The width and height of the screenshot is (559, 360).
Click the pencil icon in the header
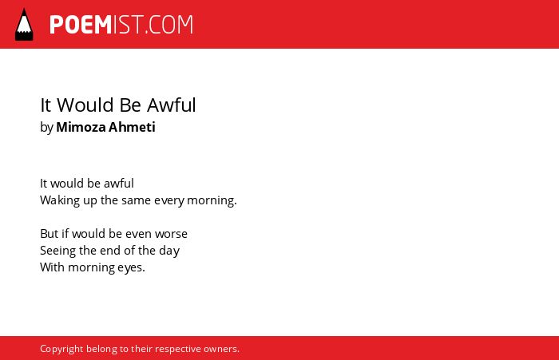pos(24,25)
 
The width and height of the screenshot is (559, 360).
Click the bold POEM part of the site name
pos(81,25)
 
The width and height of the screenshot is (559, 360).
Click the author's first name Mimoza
pos(81,127)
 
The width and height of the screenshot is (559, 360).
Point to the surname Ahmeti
pos(132,127)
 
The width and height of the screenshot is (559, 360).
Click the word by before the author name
pos(46,128)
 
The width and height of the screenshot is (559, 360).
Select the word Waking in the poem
pos(60,200)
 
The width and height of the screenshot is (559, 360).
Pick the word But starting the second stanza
pos(50,234)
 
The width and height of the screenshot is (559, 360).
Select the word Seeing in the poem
pos(57,251)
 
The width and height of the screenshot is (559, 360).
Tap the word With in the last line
pos(53,267)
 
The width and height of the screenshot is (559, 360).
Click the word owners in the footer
pos(221,350)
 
